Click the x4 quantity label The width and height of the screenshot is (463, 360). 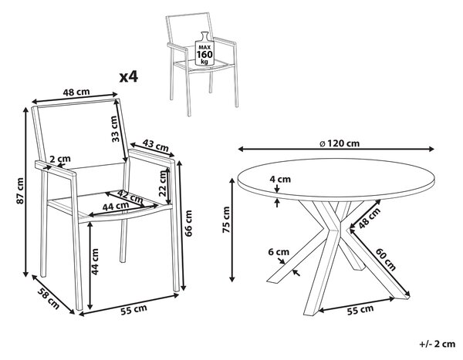pos(128,76)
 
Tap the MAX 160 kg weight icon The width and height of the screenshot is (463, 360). pos(204,49)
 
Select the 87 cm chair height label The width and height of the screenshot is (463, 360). pos(20,190)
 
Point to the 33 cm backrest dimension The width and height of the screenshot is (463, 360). pos(116,129)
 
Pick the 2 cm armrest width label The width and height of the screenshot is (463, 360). pos(60,159)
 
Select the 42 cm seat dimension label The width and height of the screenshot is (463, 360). pos(130,197)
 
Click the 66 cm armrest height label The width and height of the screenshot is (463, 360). pos(188,223)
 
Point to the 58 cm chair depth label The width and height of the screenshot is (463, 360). pos(49,298)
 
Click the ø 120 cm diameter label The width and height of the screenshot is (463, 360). pos(340,143)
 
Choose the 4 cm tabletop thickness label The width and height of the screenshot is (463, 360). pos(280,179)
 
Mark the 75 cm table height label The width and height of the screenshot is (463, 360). pos(226,220)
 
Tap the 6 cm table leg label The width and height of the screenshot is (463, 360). pos(279,252)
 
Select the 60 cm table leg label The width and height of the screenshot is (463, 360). pos(386,259)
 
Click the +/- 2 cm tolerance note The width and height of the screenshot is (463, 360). pos(438,344)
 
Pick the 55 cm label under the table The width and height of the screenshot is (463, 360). pos(360,310)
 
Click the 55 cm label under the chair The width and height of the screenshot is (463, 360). pos(133,310)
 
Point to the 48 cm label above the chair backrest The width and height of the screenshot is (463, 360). pos(76,92)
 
